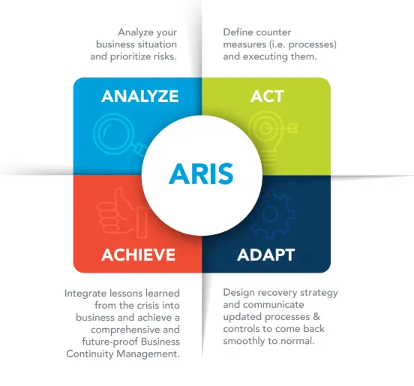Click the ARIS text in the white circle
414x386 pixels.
pyautogui.click(x=201, y=173)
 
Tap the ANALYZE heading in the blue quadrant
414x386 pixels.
pyautogui.click(x=140, y=96)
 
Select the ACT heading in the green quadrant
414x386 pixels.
pyautogui.click(x=267, y=96)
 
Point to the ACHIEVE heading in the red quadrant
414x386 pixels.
pyautogui.click(x=138, y=255)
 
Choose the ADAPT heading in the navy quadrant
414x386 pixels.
pyautogui.click(x=266, y=255)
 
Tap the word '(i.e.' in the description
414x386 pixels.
pyautogui.click(x=277, y=44)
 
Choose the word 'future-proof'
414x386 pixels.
pyautogui.click(x=109, y=342)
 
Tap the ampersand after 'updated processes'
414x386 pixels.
pyautogui.click(x=316, y=316)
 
